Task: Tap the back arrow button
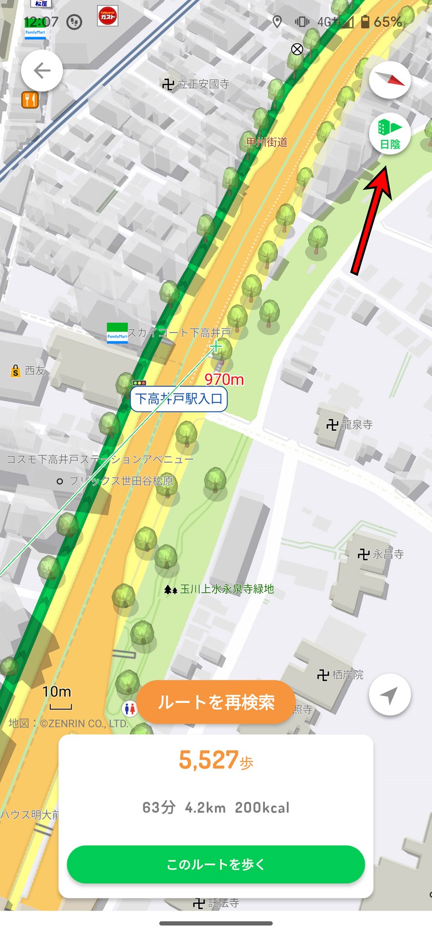coord(42,71)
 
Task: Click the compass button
coord(390,79)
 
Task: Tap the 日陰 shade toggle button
coord(390,134)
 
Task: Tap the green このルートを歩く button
coord(216,864)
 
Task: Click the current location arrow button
coord(390,695)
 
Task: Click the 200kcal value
coord(262,808)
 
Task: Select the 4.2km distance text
coord(205,808)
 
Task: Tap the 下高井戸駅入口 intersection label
coord(179,399)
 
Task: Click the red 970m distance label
coord(224,379)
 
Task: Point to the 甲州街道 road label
coord(267,142)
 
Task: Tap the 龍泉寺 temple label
coord(350,425)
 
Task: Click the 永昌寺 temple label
coord(381,554)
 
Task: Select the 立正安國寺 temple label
coord(196,84)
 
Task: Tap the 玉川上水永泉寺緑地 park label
coord(220,589)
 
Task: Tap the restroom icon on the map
coord(130,708)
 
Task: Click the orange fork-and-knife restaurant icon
coord(30,100)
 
